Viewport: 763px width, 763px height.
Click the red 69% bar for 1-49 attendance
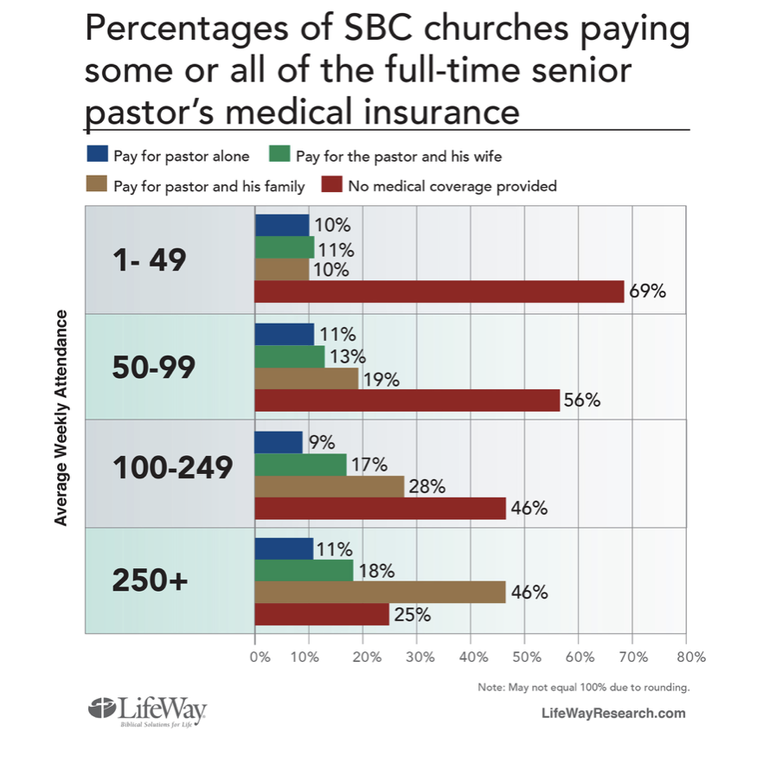439,292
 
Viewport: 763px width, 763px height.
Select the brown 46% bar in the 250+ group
380,593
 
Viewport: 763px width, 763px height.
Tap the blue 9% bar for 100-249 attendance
279,443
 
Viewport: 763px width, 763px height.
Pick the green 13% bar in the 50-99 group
290,356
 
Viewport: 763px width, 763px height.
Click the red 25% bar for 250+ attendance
322,615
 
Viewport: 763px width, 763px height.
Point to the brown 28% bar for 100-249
330,486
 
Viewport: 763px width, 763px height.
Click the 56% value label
582,401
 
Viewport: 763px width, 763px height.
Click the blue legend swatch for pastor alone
97,157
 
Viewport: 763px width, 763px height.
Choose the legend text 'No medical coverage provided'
452,185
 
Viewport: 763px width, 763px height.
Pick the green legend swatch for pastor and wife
279,157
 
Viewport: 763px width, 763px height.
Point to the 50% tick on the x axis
525,657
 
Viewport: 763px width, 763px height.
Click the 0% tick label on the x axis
260,657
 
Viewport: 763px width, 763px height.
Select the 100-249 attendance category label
173,468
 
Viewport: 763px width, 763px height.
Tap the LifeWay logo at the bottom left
148,710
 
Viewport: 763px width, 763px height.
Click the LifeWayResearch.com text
612,713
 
